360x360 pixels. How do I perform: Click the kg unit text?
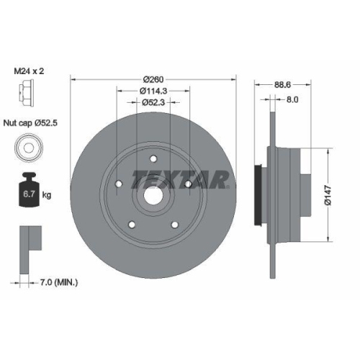(48, 195)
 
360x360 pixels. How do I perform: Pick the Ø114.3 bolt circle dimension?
(153, 91)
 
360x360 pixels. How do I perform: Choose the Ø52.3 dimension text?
(153, 102)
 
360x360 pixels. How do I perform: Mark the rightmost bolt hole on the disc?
(187, 184)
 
